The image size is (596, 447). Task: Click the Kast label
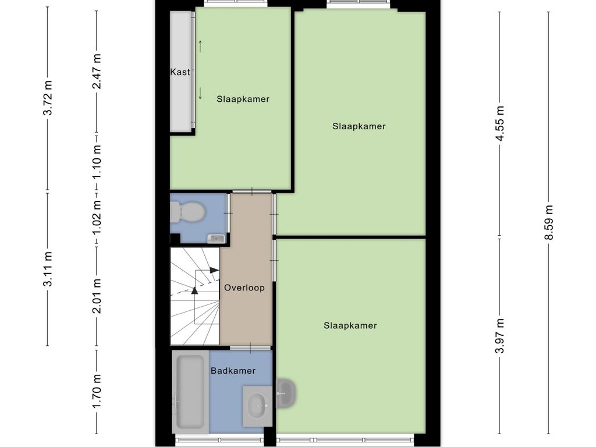(x=180, y=72)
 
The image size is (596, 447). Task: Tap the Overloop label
(x=244, y=288)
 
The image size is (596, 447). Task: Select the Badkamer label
(x=233, y=370)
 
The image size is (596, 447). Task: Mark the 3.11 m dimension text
(x=48, y=269)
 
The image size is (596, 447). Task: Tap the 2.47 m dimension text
(x=97, y=72)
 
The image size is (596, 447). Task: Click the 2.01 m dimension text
(x=97, y=296)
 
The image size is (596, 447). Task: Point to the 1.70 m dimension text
(x=97, y=392)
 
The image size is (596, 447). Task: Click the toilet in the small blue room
(x=187, y=212)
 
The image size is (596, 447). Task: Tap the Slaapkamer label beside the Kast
(x=243, y=99)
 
